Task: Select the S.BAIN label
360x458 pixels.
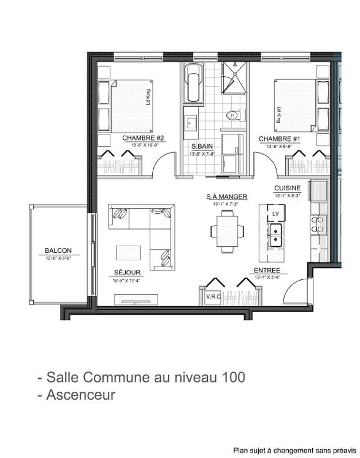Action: pos(202,146)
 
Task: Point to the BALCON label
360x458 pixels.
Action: pos(58,250)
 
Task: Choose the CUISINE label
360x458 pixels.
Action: pos(287,188)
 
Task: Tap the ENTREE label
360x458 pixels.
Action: pos(267,270)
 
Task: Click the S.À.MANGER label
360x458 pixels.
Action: pos(226,196)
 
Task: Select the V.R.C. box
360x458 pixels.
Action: pos(213,297)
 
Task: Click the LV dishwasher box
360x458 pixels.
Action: pos(275,213)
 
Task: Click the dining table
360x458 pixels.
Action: pos(227,231)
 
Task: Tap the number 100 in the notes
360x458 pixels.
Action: pos(232,376)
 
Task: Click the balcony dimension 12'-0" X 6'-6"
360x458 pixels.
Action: pos(58,258)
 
